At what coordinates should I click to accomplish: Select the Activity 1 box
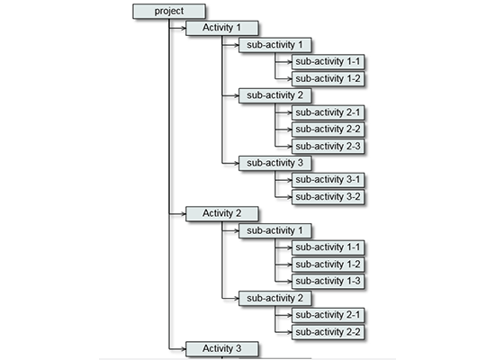(221, 28)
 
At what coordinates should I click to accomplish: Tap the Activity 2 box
(221, 213)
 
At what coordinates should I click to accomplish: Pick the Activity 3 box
(221, 348)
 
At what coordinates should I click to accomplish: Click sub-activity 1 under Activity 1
(274, 44)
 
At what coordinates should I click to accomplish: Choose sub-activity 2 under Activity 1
(274, 95)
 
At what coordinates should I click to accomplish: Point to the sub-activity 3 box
(274, 163)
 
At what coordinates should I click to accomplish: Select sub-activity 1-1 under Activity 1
(328, 61)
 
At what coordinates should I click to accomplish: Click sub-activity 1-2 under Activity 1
(328, 78)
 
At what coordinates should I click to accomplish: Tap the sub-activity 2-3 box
(328, 146)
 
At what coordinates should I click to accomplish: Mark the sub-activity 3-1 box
(328, 179)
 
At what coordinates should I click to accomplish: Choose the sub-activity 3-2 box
(328, 196)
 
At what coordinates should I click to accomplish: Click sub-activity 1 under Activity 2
(274, 230)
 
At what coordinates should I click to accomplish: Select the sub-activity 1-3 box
(328, 281)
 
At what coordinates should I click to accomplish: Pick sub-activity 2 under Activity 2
(274, 298)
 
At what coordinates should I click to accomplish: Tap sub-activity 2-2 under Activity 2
(328, 331)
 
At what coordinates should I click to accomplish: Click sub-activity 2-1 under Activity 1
(328, 112)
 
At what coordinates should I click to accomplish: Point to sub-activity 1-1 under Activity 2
(328, 247)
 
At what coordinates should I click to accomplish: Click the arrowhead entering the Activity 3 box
(182, 348)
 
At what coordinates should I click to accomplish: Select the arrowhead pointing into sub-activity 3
(235, 163)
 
